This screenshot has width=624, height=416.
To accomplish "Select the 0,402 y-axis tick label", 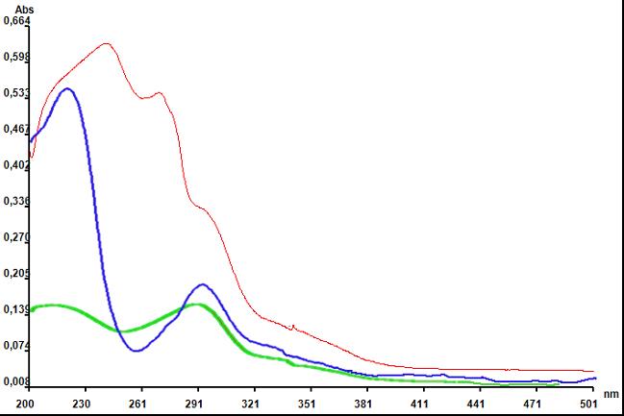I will pyautogui.click(x=16, y=164).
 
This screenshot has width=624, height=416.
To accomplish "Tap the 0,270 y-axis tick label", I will pyautogui.click(x=16, y=237).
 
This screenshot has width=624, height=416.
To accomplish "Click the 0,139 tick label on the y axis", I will pyautogui.click(x=16, y=309).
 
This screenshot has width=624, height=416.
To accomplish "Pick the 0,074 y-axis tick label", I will pyautogui.click(x=16, y=346).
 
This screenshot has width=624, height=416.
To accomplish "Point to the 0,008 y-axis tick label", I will pyautogui.click(x=16, y=382).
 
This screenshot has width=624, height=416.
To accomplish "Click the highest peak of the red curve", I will pyautogui.click(x=106, y=43).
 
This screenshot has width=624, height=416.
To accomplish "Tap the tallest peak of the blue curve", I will pyautogui.click(x=67, y=88).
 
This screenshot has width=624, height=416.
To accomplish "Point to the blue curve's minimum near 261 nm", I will pyautogui.click(x=137, y=351).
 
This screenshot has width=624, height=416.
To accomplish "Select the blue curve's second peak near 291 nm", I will pyautogui.click(x=202, y=284).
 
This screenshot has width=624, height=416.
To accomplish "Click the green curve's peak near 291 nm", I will pyautogui.click(x=196, y=305).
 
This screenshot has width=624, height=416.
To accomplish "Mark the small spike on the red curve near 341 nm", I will pyautogui.click(x=292, y=326).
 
